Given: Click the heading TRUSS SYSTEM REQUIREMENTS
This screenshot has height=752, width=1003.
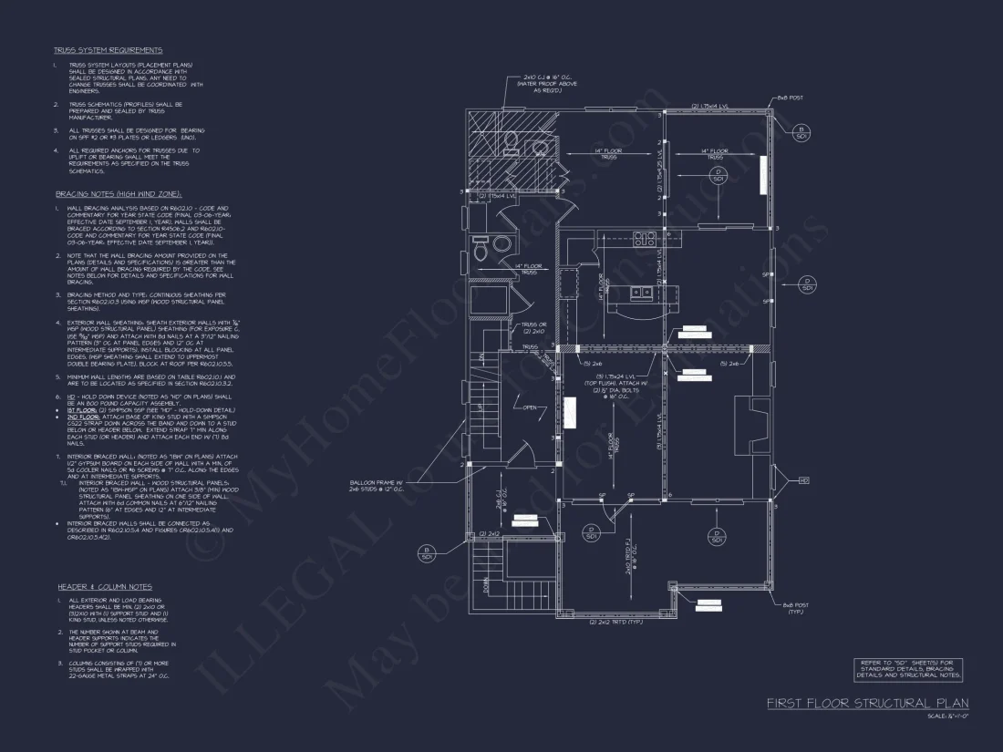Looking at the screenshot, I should [x=108, y=50].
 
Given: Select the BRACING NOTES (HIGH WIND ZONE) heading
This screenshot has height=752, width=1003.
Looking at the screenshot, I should [x=119, y=194].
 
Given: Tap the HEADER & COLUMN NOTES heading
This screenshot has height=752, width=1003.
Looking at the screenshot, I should [x=105, y=586].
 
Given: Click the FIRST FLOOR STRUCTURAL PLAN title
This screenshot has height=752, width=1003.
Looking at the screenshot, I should [x=866, y=704].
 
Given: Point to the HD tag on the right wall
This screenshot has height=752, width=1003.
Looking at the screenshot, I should [x=803, y=480].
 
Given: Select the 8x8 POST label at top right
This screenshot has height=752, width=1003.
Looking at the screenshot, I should [x=790, y=98].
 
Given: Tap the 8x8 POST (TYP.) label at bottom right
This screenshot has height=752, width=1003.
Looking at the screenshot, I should [x=794, y=608].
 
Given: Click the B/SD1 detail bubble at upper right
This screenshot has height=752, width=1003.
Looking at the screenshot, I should [x=801, y=132].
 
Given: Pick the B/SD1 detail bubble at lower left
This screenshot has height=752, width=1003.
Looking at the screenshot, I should [x=426, y=552].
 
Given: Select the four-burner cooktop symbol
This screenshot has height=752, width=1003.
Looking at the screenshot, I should [x=646, y=240].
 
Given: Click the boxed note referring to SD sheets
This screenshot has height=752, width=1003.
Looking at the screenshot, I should [x=908, y=669].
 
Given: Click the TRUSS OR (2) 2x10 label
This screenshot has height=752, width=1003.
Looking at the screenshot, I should [x=534, y=327].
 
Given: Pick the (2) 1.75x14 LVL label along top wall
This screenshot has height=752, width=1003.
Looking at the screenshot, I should [x=716, y=107].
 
